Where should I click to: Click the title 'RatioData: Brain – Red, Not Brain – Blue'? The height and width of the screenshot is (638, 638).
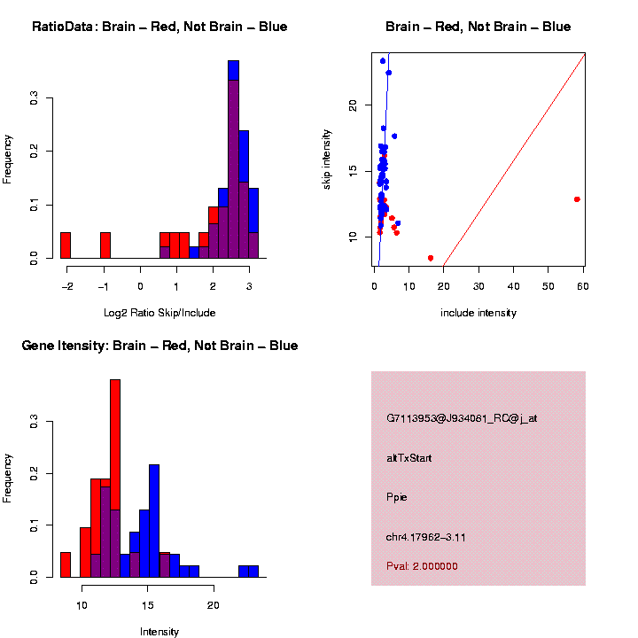point(159,27)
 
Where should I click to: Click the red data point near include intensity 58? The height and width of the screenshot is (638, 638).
point(577,199)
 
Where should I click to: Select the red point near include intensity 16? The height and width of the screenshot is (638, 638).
point(431,258)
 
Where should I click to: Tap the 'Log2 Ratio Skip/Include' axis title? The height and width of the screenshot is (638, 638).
point(159,313)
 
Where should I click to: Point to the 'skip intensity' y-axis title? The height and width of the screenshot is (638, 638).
point(326,158)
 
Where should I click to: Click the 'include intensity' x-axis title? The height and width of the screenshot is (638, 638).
point(478,313)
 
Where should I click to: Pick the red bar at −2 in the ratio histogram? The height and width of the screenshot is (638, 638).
point(66,245)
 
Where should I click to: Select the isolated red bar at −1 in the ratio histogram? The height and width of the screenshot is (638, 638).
point(105,245)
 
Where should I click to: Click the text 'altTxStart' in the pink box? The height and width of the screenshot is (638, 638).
point(408,458)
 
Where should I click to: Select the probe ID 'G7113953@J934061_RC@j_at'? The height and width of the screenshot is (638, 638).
point(461,418)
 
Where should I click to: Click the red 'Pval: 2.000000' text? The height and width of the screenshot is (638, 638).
point(422,566)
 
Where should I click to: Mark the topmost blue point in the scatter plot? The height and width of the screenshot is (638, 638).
point(383,61)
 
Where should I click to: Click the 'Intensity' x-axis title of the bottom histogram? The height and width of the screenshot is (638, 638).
point(159,632)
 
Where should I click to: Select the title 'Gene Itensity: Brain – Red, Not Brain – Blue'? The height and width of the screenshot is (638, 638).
point(159,346)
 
